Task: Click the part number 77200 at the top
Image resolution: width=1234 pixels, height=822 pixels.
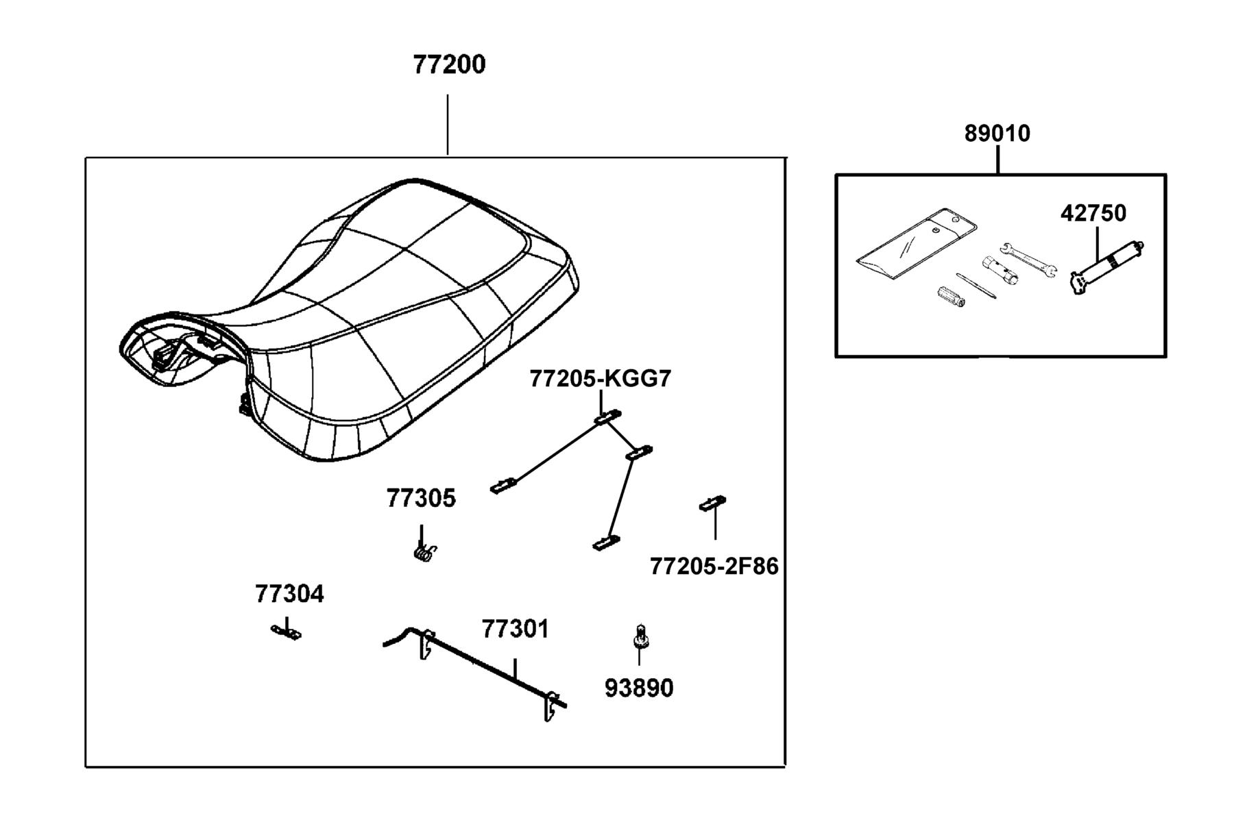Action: pos(449,64)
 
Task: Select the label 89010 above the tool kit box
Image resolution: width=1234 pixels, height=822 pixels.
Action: pos(997,133)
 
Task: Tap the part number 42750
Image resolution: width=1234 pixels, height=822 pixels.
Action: pos(1093,213)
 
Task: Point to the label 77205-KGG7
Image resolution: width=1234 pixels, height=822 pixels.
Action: pos(600,379)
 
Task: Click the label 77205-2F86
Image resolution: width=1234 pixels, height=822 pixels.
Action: pos(714,566)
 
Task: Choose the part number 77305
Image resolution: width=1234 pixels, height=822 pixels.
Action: pos(420,498)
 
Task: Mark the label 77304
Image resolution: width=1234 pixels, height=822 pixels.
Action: pos(289,593)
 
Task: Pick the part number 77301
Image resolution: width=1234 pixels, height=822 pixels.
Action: pos(515,629)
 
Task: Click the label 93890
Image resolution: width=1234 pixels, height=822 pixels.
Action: pos(639,688)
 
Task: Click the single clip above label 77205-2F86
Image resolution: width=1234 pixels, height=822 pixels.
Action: pos(712,503)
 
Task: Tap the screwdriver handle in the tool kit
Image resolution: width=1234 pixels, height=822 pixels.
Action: pos(951,296)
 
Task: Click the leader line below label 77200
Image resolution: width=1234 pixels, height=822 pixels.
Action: pos(448,125)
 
